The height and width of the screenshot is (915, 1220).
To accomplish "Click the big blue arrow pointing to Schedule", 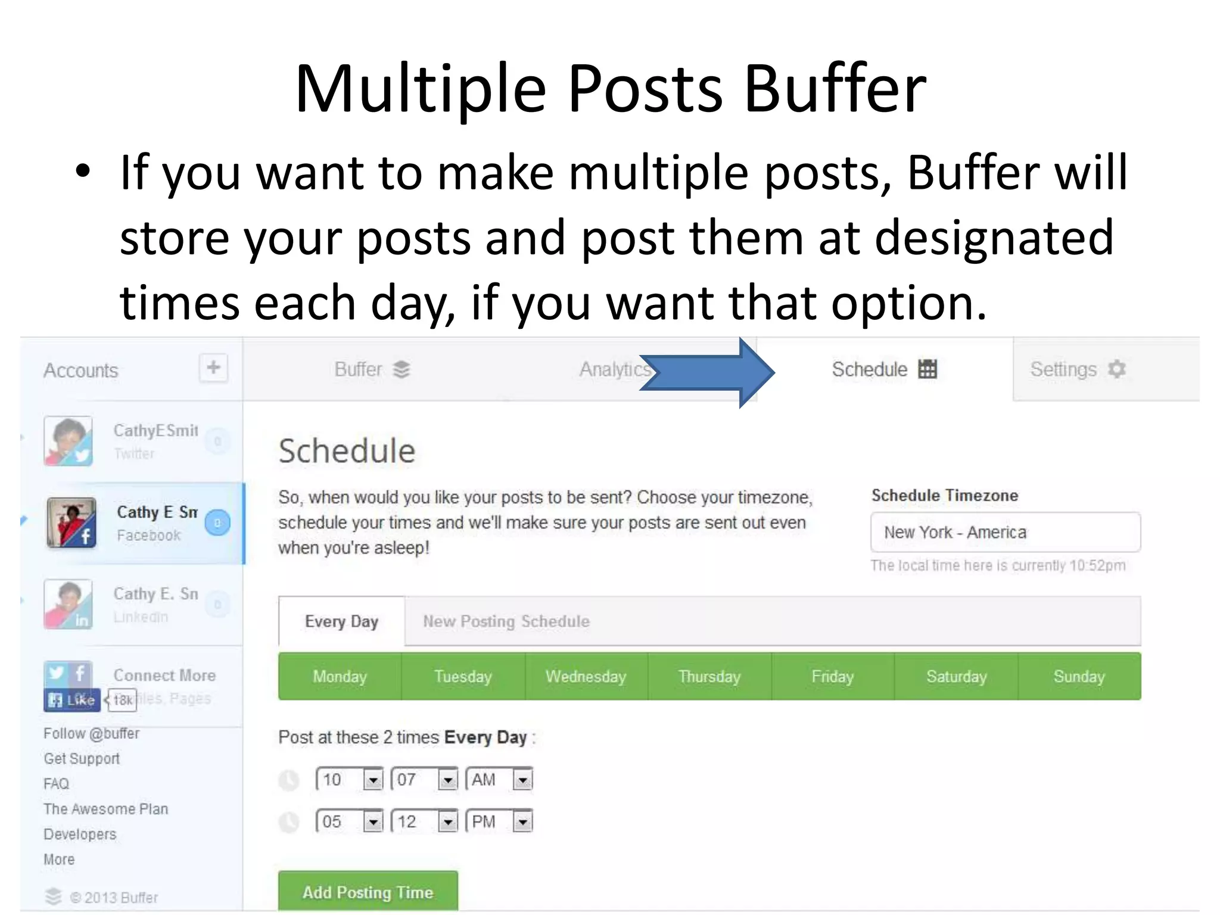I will tap(709, 372).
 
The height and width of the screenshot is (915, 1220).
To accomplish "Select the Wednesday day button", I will tap(586, 676).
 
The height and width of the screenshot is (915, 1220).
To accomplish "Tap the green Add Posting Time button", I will tap(368, 892).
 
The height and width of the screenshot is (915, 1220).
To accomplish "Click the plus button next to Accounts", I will tap(213, 368).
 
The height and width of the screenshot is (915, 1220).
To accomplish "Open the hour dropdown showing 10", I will tap(349, 779).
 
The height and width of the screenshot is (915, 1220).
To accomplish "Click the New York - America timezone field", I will tap(1005, 532).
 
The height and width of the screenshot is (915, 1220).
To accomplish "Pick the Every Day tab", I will tap(341, 621).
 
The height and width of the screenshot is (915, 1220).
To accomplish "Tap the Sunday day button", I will tap(1079, 676).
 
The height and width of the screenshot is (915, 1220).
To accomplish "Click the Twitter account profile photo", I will tap(69, 441).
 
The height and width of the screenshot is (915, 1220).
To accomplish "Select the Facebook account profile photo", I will tap(71, 522).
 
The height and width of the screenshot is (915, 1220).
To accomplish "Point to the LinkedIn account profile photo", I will tap(69, 604).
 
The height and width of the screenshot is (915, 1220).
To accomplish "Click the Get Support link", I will tap(82, 758).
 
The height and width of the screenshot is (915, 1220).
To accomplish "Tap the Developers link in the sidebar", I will tap(80, 834).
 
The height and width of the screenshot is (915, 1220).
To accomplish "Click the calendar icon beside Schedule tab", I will tap(928, 369).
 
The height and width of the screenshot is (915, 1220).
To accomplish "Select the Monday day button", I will tap(340, 676).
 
